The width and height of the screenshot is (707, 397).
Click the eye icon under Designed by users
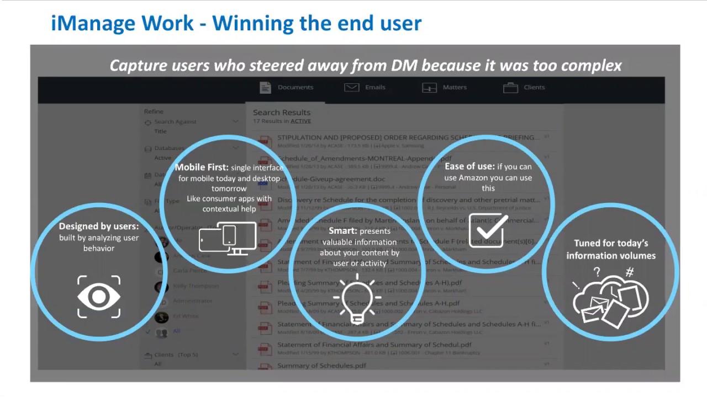(99, 297)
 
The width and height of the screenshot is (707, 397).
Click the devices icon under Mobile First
(228, 238)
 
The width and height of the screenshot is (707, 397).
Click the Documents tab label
(295, 87)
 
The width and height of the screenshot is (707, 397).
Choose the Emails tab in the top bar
(375, 87)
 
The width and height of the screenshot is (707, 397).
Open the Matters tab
(455, 87)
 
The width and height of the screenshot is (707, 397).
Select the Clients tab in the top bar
(534, 87)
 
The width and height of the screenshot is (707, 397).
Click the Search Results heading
(282, 112)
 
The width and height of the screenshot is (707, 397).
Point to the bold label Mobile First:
(202, 167)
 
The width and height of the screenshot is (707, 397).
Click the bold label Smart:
(342, 231)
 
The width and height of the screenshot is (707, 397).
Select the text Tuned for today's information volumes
(610, 249)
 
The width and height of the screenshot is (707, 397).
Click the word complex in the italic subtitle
(591, 66)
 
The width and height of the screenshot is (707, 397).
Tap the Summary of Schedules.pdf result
(321, 366)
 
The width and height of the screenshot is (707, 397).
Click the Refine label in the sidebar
(154, 111)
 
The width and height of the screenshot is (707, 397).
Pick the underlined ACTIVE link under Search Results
(300, 121)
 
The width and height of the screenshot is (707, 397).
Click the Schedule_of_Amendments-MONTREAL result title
(353, 158)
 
